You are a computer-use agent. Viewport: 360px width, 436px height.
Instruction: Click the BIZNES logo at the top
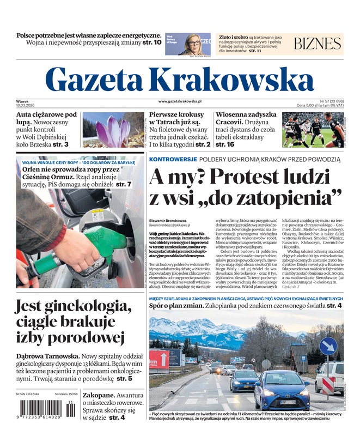(x=317, y=44)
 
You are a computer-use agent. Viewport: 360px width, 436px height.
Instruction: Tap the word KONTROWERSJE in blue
(x=173, y=159)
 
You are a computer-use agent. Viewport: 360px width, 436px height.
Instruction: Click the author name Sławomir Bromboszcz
(x=168, y=220)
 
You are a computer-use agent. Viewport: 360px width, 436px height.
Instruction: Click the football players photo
(x=313, y=130)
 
